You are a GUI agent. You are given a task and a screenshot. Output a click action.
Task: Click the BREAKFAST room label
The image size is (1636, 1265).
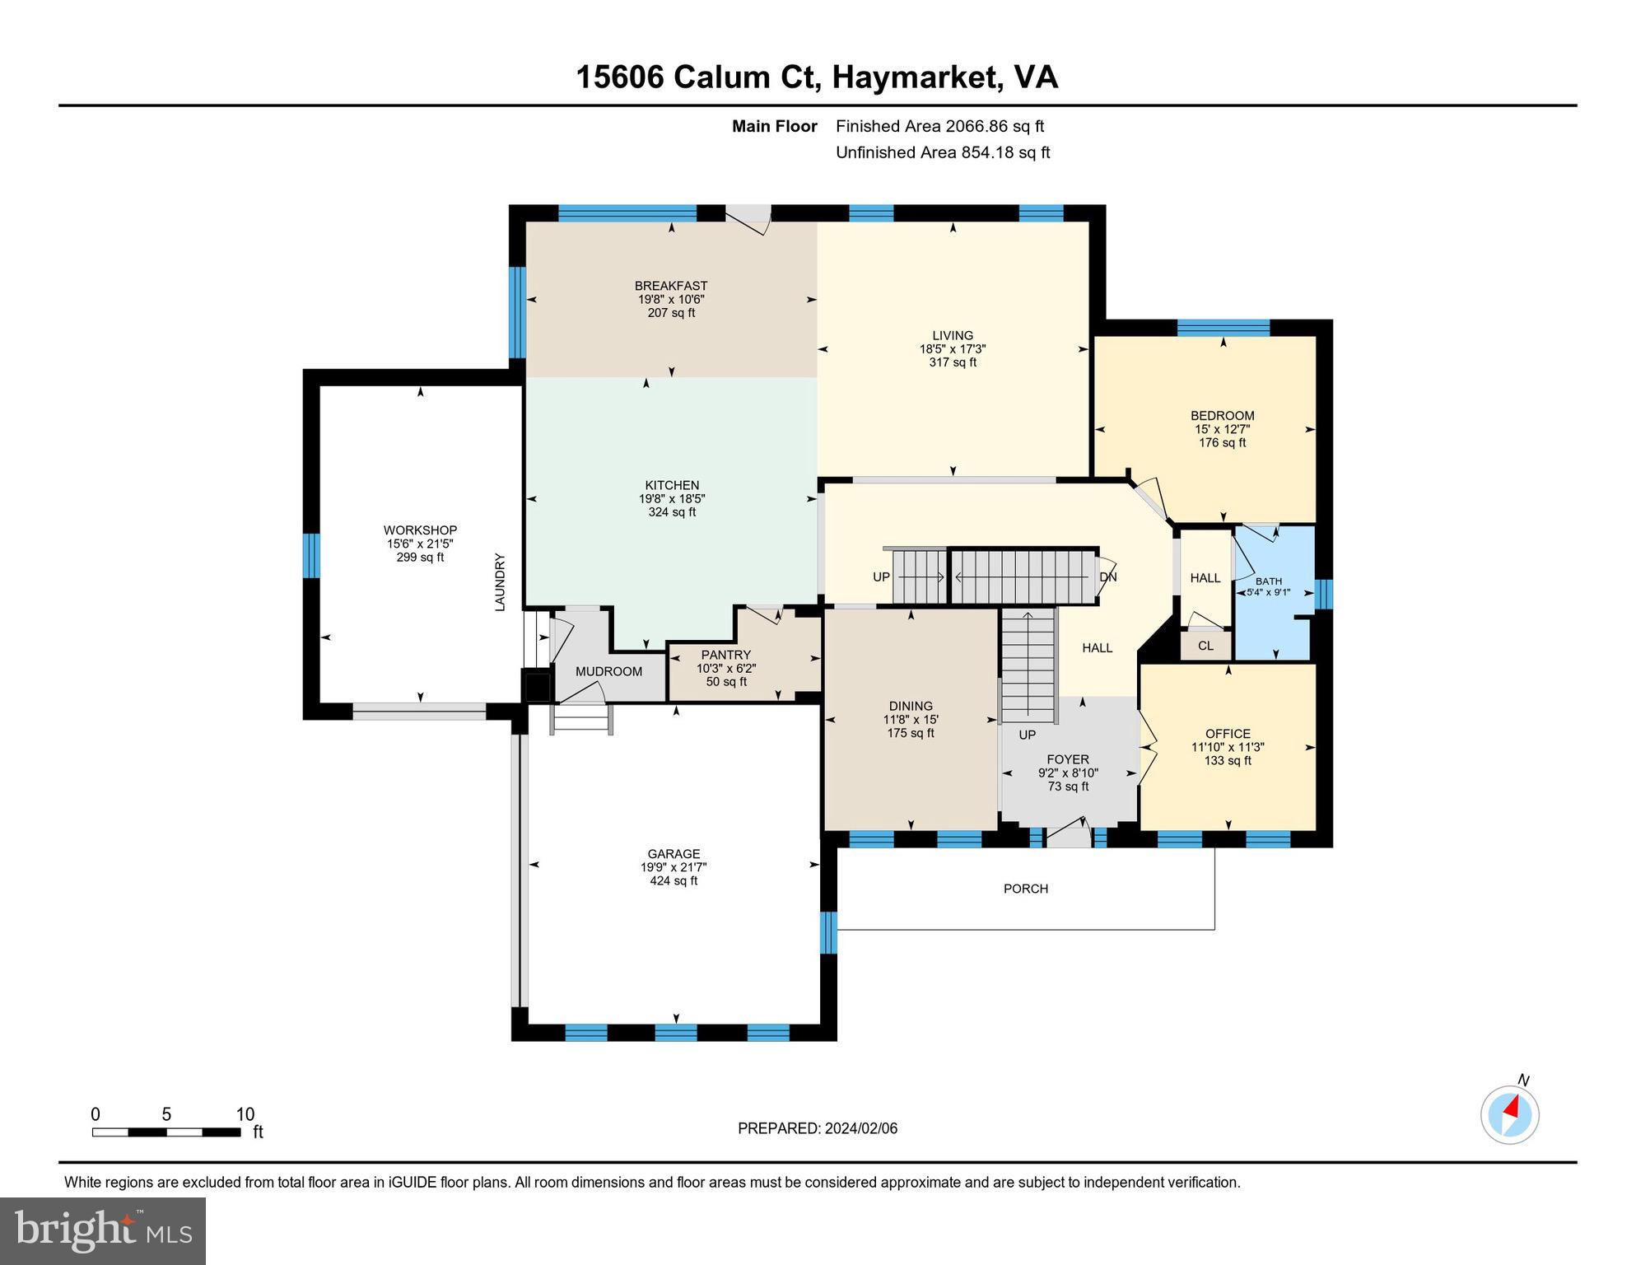coord(671,286)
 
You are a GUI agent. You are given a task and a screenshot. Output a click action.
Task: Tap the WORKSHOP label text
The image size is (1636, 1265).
coord(420,530)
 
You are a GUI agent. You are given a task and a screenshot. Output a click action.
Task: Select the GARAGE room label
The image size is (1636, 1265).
coord(674,854)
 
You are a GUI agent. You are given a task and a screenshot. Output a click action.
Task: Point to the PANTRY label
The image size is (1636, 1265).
coord(726,655)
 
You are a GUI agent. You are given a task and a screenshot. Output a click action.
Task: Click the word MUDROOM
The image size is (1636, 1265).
coord(608,671)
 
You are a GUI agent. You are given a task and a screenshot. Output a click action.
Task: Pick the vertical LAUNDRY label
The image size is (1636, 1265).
coord(499,582)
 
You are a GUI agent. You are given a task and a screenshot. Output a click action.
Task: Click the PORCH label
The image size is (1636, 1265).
coord(1026,889)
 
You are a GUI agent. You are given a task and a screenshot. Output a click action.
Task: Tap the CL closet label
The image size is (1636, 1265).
coord(1205,646)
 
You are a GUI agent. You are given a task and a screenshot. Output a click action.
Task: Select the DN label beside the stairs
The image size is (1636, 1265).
coord(1108,577)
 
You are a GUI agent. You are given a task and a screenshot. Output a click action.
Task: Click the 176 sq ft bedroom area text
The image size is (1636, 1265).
coord(1223,442)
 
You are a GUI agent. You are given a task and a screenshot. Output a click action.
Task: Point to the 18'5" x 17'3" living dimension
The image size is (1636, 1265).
coord(953,348)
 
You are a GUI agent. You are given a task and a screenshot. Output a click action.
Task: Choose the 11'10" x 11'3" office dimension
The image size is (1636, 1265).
coord(1228,747)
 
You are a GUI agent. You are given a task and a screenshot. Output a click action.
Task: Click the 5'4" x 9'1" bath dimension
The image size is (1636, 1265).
coord(1269,592)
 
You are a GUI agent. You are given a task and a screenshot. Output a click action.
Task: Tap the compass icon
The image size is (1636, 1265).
coord(1511,1115)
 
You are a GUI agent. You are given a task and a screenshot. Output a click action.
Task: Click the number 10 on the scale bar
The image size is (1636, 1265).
coord(245,1115)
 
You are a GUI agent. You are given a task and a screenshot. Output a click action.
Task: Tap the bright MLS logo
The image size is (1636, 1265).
coord(103,1230)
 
